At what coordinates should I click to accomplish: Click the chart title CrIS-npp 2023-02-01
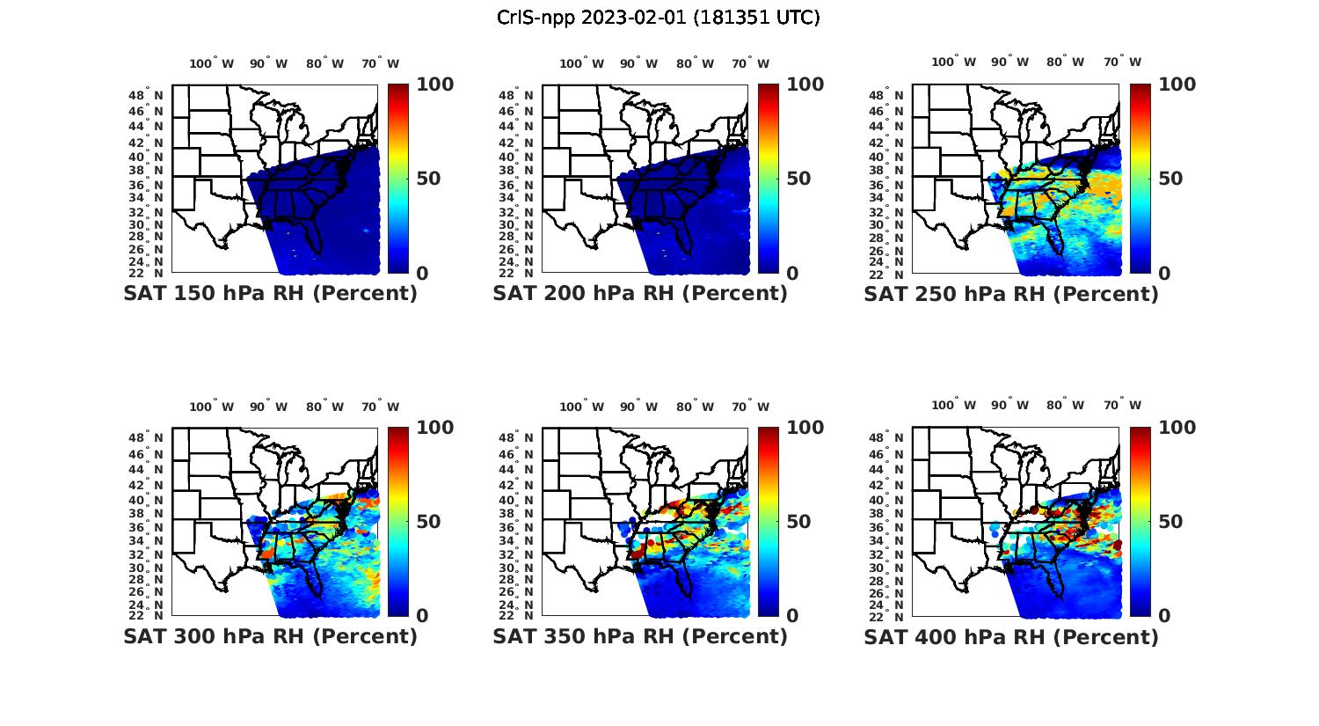point(659,18)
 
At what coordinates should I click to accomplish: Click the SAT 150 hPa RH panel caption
point(270,294)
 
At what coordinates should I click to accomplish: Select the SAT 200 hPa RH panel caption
point(640,294)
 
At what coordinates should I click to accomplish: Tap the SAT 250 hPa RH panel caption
point(1011,294)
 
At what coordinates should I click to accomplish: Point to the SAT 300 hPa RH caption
point(270,636)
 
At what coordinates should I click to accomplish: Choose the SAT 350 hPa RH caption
point(640,636)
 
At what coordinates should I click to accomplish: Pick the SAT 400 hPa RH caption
point(1011,636)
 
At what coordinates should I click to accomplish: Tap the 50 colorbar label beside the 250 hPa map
point(1170,179)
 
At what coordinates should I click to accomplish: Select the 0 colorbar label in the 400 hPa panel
point(1164,616)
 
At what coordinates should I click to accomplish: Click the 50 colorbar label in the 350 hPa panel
point(798,522)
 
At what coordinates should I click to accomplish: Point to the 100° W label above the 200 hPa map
point(582,63)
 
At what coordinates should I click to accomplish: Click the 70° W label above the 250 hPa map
point(1123,62)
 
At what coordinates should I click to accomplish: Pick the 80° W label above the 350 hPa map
point(696,407)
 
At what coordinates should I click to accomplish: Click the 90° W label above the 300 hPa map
point(269,407)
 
